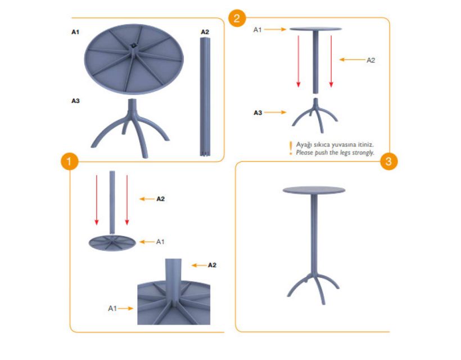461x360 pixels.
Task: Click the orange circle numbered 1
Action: [x=69, y=161]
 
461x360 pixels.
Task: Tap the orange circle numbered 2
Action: [x=237, y=18]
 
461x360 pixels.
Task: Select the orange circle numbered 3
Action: [x=388, y=161]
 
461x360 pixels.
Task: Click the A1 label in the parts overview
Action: [x=75, y=31]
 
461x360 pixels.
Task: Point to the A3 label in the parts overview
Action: [x=75, y=101]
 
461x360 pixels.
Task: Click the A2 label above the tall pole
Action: [x=205, y=31]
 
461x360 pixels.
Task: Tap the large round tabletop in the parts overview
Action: [x=134, y=59]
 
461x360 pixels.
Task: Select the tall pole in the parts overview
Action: [x=205, y=97]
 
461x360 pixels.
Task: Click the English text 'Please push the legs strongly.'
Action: [x=335, y=152]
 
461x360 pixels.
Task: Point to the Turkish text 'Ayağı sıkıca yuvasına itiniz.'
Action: [x=335, y=145]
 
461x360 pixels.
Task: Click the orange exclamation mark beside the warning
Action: [x=291, y=148]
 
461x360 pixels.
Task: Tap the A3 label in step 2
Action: [x=258, y=112]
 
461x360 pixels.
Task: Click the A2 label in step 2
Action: [x=370, y=60]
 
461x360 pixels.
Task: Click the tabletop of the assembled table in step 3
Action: [x=314, y=190]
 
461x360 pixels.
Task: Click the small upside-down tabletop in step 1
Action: [x=112, y=242]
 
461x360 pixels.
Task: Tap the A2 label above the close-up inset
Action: [x=212, y=265]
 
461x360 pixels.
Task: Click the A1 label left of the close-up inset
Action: [x=112, y=308]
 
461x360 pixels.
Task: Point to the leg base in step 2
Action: [x=315, y=115]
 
